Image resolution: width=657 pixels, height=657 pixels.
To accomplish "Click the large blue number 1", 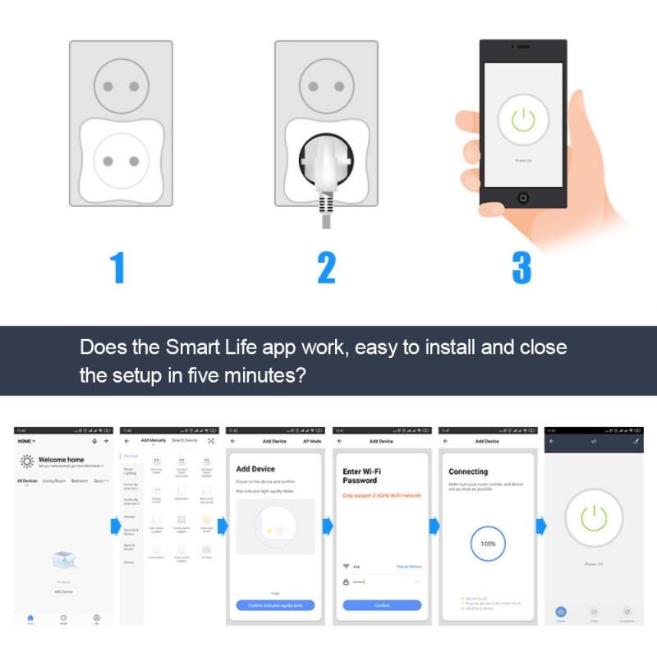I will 118,268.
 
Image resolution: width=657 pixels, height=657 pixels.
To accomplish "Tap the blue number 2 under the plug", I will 326,268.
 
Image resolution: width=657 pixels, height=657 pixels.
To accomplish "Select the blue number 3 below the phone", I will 521,268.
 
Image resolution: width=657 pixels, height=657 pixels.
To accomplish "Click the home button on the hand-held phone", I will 522,198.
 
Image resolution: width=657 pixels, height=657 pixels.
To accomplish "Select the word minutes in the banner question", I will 258,376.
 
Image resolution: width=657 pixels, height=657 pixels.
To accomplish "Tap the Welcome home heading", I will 62,460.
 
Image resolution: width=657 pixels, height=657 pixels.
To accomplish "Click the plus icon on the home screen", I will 106,441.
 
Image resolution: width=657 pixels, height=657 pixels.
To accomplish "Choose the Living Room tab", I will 54,480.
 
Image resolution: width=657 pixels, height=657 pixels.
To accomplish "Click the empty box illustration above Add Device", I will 64,560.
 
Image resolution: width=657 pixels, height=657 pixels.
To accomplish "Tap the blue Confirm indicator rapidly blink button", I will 275,605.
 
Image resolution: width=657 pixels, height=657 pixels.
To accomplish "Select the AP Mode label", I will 312,441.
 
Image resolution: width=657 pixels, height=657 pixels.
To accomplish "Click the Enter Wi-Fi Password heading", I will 360,476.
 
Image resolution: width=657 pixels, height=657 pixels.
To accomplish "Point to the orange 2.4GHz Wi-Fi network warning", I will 381,495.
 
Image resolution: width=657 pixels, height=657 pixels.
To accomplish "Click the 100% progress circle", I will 489,544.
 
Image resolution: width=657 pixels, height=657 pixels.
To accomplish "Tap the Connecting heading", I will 468,471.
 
